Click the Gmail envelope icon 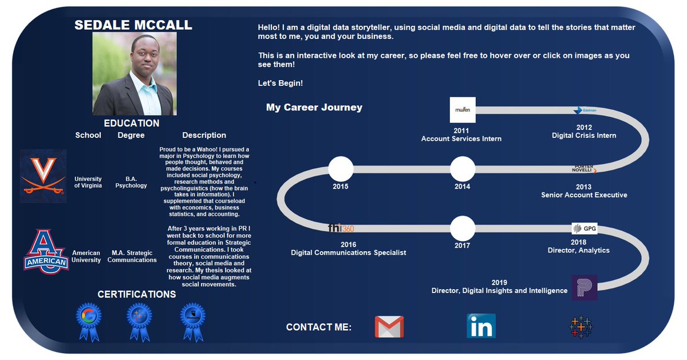[389, 327]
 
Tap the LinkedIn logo [481, 326]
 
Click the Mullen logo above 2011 [463, 110]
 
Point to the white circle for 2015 [341, 169]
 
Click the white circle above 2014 [463, 169]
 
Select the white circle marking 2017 [463, 229]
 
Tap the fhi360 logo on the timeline [341, 228]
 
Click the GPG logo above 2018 [585, 229]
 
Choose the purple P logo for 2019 [585, 287]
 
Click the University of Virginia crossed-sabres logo [44, 176]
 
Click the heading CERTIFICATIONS [137, 295]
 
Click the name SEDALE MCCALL [133, 25]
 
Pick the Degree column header [131, 136]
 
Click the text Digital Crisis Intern [584, 136]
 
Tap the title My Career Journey [314, 108]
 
